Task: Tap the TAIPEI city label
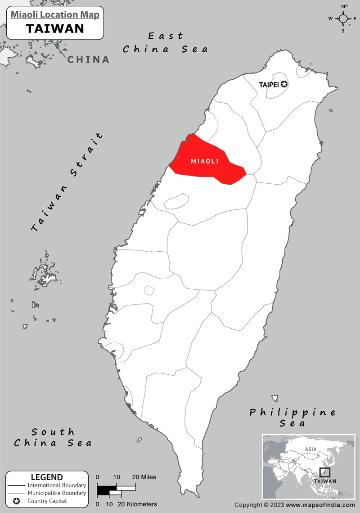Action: click(x=269, y=84)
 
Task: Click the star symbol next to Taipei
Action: click(x=284, y=84)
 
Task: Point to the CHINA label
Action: click(x=89, y=59)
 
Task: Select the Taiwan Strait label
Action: click(x=67, y=182)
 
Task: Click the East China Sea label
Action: click(x=166, y=43)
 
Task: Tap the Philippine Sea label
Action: click(x=293, y=418)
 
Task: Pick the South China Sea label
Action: click(x=53, y=437)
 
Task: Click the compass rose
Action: click(x=343, y=18)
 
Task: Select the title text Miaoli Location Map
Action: click(x=55, y=14)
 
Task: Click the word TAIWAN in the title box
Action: click(x=55, y=28)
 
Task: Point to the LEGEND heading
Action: click(x=47, y=477)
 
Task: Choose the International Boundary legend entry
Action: click(x=57, y=486)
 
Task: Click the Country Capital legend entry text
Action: click(x=47, y=501)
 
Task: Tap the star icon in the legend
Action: click(x=16, y=501)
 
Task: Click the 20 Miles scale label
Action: click(x=144, y=477)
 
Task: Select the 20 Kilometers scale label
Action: click(x=137, y=504)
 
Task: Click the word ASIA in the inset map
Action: click(x=310, y=449)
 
